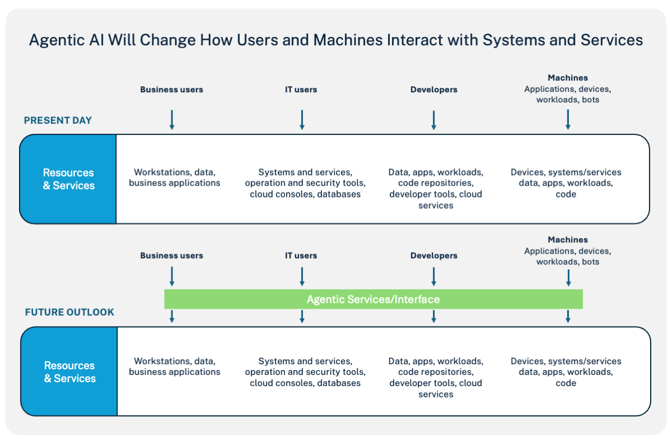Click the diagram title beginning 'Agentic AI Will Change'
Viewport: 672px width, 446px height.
[335, 40]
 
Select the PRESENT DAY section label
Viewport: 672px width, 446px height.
[58, 120]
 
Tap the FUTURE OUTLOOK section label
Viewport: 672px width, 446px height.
[69, 312]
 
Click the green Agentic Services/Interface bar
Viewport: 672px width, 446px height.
[373, 299]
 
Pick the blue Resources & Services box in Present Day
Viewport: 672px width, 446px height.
[68, 179]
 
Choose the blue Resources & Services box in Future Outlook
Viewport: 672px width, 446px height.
[69, 372]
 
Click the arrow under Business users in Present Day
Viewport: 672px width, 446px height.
[172, 120]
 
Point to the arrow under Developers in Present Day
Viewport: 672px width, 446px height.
[433, 120]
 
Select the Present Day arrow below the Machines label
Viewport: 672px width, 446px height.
[568, 120]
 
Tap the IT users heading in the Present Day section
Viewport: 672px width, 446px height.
[301, 90]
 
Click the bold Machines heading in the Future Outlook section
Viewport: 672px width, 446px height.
[567, 240]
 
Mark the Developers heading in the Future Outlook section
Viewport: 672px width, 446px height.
[433, 256]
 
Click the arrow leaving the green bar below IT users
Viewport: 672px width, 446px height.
[302, 317]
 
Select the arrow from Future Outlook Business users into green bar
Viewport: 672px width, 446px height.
[172, 276]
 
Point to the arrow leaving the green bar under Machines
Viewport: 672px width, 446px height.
[568, 317]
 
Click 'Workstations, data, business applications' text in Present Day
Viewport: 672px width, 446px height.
[175, 178]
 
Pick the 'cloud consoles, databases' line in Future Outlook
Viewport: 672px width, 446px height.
[305, 383]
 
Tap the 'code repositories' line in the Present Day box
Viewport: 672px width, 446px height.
[436, 183]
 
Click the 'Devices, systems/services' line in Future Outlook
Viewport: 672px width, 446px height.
[566, 362]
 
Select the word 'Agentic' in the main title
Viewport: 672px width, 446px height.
[54, 40]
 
